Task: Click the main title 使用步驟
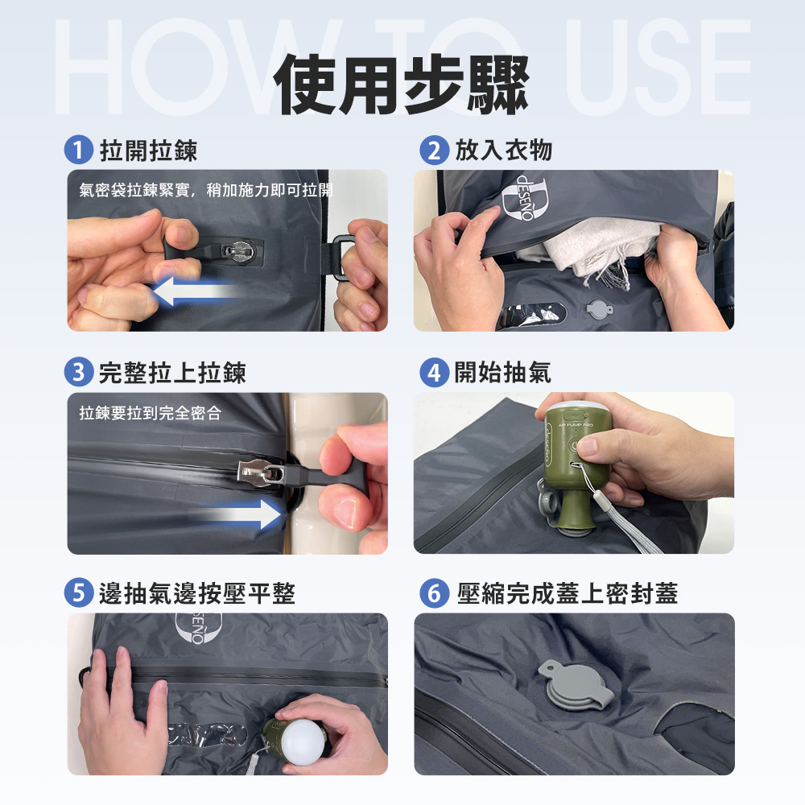click(401, 85)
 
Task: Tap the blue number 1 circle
click(79, 150)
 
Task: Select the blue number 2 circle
click(435, 150)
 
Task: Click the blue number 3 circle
click(79, 372)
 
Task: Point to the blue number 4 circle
click(435, 372)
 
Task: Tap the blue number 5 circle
click(79, 592)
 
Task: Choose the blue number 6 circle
click(435, 592)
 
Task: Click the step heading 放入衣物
click(504, 151)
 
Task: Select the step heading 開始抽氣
click(502, 372)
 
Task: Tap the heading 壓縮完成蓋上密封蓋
click(568, 593)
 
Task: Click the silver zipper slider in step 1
click(237, 251)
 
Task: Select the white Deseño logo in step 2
click(524, 198)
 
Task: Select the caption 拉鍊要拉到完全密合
click(151, 413)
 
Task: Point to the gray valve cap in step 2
click(599, 310)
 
